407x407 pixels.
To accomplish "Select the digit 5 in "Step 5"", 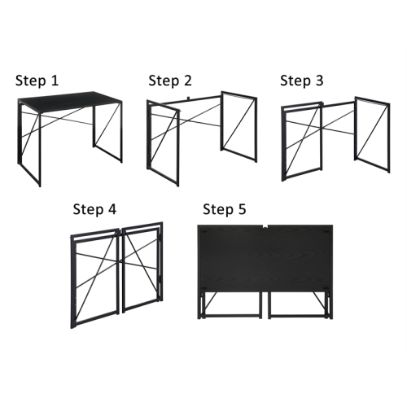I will (241, 209).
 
